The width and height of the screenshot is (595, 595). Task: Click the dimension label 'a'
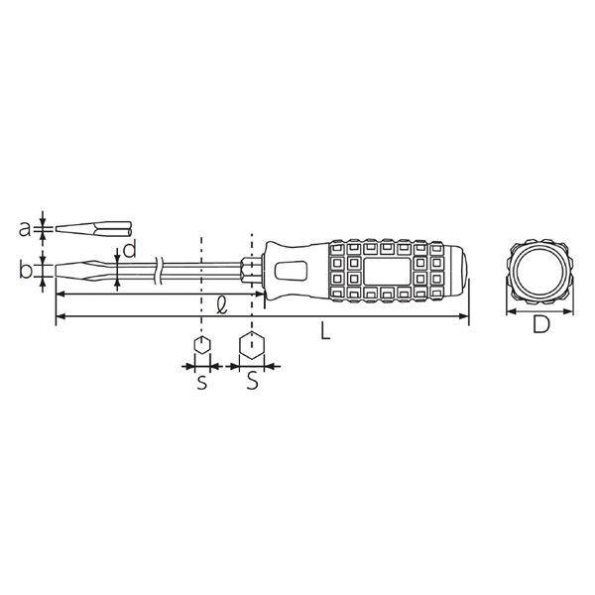24,229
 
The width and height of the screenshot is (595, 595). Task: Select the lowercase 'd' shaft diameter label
129,249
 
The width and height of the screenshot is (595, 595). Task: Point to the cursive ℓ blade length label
221,305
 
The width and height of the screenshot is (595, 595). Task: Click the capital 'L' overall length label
325,330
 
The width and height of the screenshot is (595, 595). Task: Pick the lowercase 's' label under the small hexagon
202,383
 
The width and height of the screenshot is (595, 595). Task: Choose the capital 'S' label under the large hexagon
253,380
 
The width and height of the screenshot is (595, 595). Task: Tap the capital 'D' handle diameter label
540,324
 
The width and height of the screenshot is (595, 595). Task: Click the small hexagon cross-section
202,345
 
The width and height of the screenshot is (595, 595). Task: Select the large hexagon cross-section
252,345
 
